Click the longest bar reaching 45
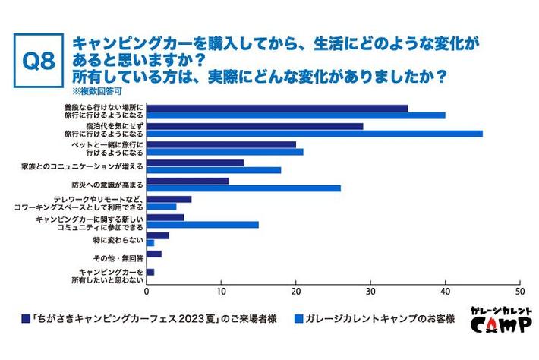pos(314,134)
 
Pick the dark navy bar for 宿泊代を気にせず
pos(254,125)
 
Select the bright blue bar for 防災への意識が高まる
pos(243,188)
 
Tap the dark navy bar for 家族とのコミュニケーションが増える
pos(194,162)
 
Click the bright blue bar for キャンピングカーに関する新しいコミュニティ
pos(202,225)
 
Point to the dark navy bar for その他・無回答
pos(153,253)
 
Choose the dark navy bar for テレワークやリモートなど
pos(169,198)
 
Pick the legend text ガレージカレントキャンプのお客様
pos(379,319)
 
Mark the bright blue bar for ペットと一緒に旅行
pos(225,152)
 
